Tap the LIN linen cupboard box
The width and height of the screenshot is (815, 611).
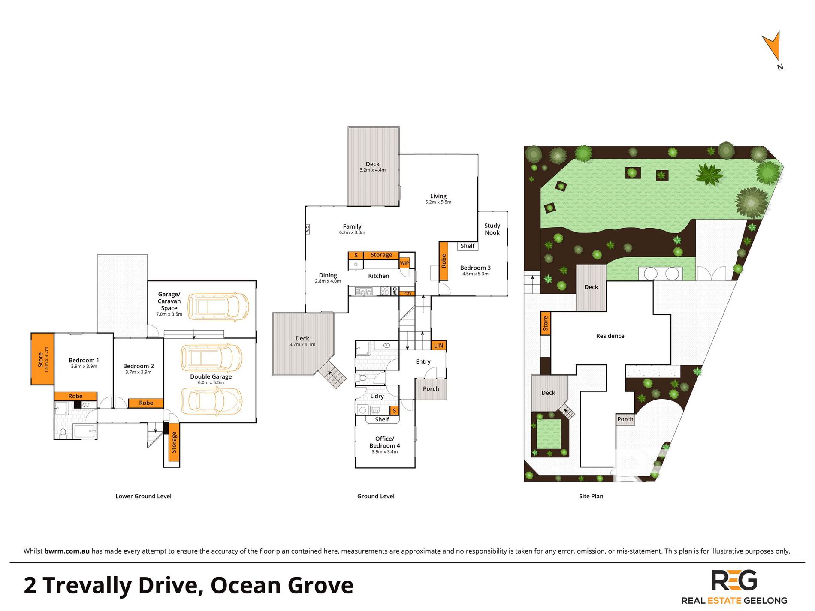click(x=438, y=346)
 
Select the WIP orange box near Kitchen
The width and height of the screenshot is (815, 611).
click(x=404, y=263)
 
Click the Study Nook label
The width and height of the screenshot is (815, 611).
click(x=492, y=229)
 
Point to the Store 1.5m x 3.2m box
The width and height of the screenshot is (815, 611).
click(x=42, y=359)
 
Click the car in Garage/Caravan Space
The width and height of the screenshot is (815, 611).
click(x=218, y=307)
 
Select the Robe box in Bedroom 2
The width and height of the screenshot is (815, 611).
click(x=146, y=403)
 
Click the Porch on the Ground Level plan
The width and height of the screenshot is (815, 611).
click(x=431, y=389)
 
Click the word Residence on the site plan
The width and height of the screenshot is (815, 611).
click(x=610, y=336)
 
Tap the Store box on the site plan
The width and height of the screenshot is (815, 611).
click(x=546, y=323)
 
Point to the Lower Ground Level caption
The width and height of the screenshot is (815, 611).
click(x=143, y=496)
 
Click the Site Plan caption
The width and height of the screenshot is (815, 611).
click(x=591, y=496)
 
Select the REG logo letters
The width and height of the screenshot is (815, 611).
click(x=734, y=581)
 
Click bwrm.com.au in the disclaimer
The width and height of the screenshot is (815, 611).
click(x=67, y=551)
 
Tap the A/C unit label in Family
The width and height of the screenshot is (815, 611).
click(x=307, y=229)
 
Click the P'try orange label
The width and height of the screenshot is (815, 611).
click(x=407, y=293)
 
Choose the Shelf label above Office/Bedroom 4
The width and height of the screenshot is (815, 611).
click(x=382, y=419)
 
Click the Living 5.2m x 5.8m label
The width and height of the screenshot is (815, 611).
click(x=438, y=199)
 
